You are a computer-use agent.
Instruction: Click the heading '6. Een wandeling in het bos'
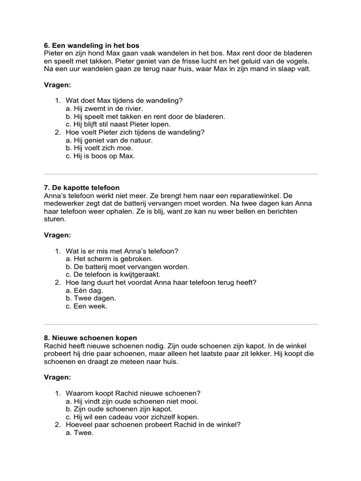pos(92,46)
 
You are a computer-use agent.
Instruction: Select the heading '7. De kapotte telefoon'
pos(81,187)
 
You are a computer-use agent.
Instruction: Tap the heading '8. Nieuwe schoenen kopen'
pos(90,338)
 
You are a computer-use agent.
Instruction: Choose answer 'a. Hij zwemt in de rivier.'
pos(104,109)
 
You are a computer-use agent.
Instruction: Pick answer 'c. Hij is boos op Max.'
pos(100,156)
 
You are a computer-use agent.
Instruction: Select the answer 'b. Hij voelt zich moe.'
pos(99,148)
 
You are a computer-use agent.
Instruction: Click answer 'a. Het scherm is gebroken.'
pos(109,258)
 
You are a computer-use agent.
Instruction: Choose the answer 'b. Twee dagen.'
pos(91,298)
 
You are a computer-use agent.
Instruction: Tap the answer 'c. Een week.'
pos(86,306)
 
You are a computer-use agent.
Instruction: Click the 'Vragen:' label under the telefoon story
pos(57,235)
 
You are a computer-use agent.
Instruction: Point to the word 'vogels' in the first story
pos(297,61)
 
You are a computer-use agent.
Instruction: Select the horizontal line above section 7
pos(180,174)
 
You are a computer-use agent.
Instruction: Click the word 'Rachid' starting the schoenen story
pos(55,346)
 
